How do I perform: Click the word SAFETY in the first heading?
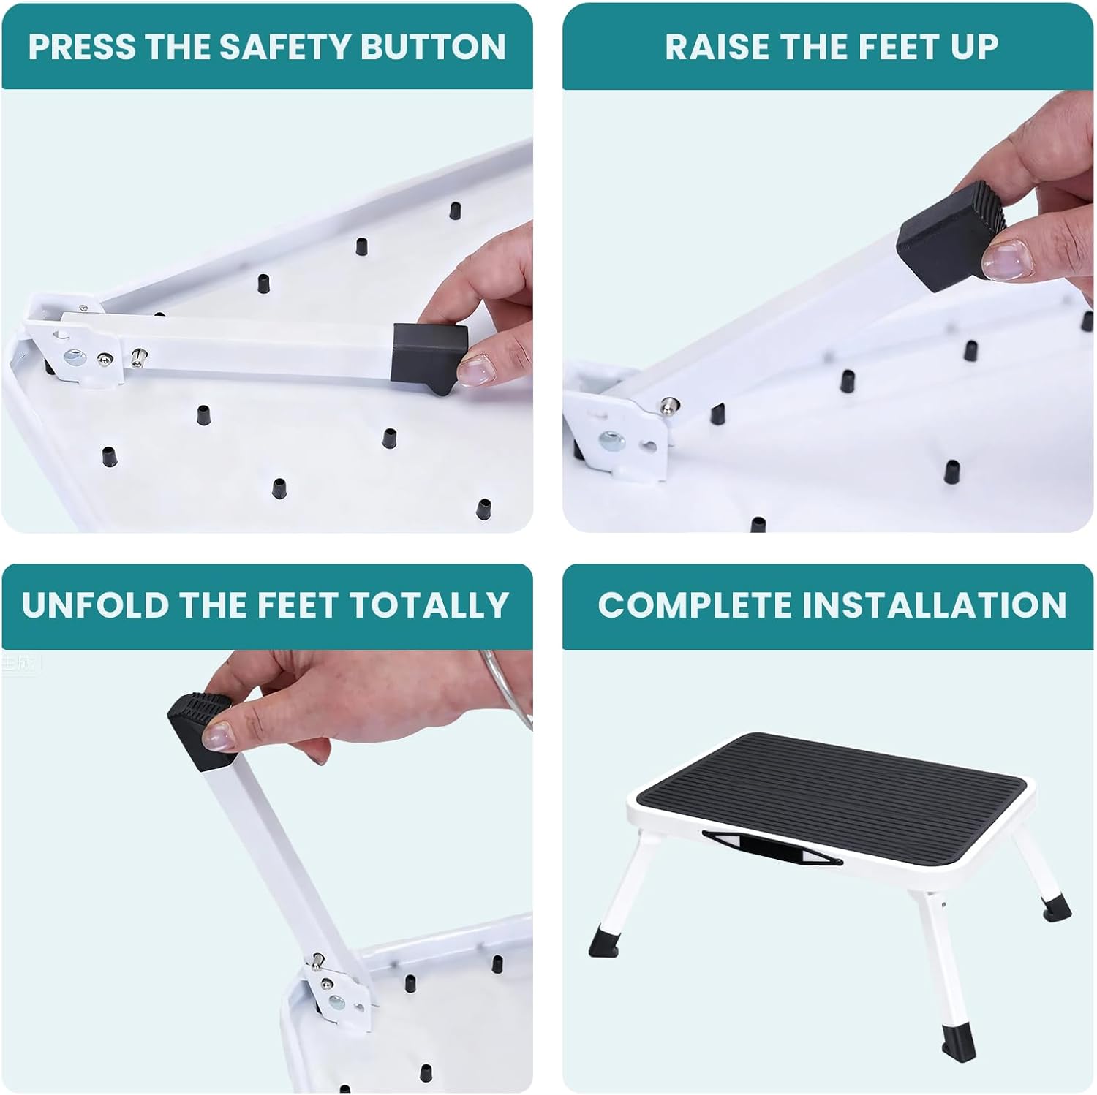[287, 47]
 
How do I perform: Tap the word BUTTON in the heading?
[433, 47]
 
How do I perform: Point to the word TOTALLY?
[429, 605]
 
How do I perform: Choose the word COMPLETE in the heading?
[695, 605]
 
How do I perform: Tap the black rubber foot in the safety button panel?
[429, 355]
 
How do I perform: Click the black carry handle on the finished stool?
[772, 846]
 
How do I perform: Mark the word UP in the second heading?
[974, 47]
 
